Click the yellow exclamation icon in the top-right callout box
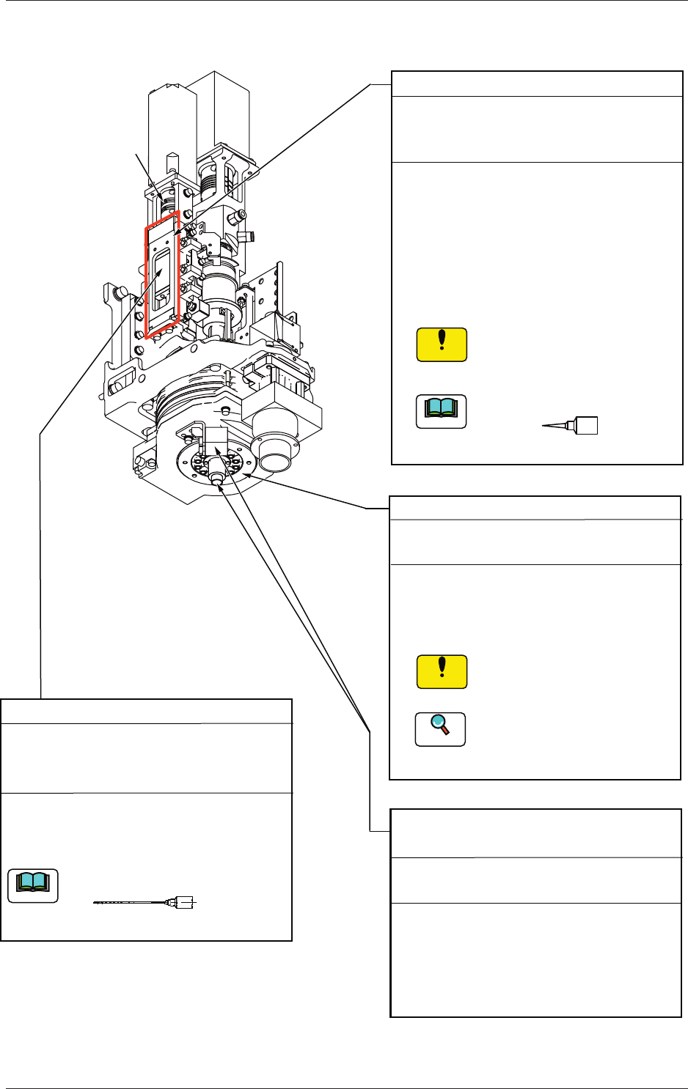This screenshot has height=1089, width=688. point(442,345)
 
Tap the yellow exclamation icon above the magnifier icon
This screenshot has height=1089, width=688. point(442,671)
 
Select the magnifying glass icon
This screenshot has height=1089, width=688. point(440,728)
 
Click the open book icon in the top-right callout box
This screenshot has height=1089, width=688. point(441,411)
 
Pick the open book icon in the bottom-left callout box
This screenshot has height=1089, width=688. point(33,885)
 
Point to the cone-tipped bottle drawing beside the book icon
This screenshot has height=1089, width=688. point(571,426)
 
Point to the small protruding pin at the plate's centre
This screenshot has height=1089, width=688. point(216,477)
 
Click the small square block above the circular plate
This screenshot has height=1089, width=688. point(217,440)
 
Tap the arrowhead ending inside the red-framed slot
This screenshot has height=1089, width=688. point(160,273)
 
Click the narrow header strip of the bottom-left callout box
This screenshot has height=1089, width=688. point(146,711)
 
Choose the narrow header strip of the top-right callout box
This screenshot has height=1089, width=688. point(536,83)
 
